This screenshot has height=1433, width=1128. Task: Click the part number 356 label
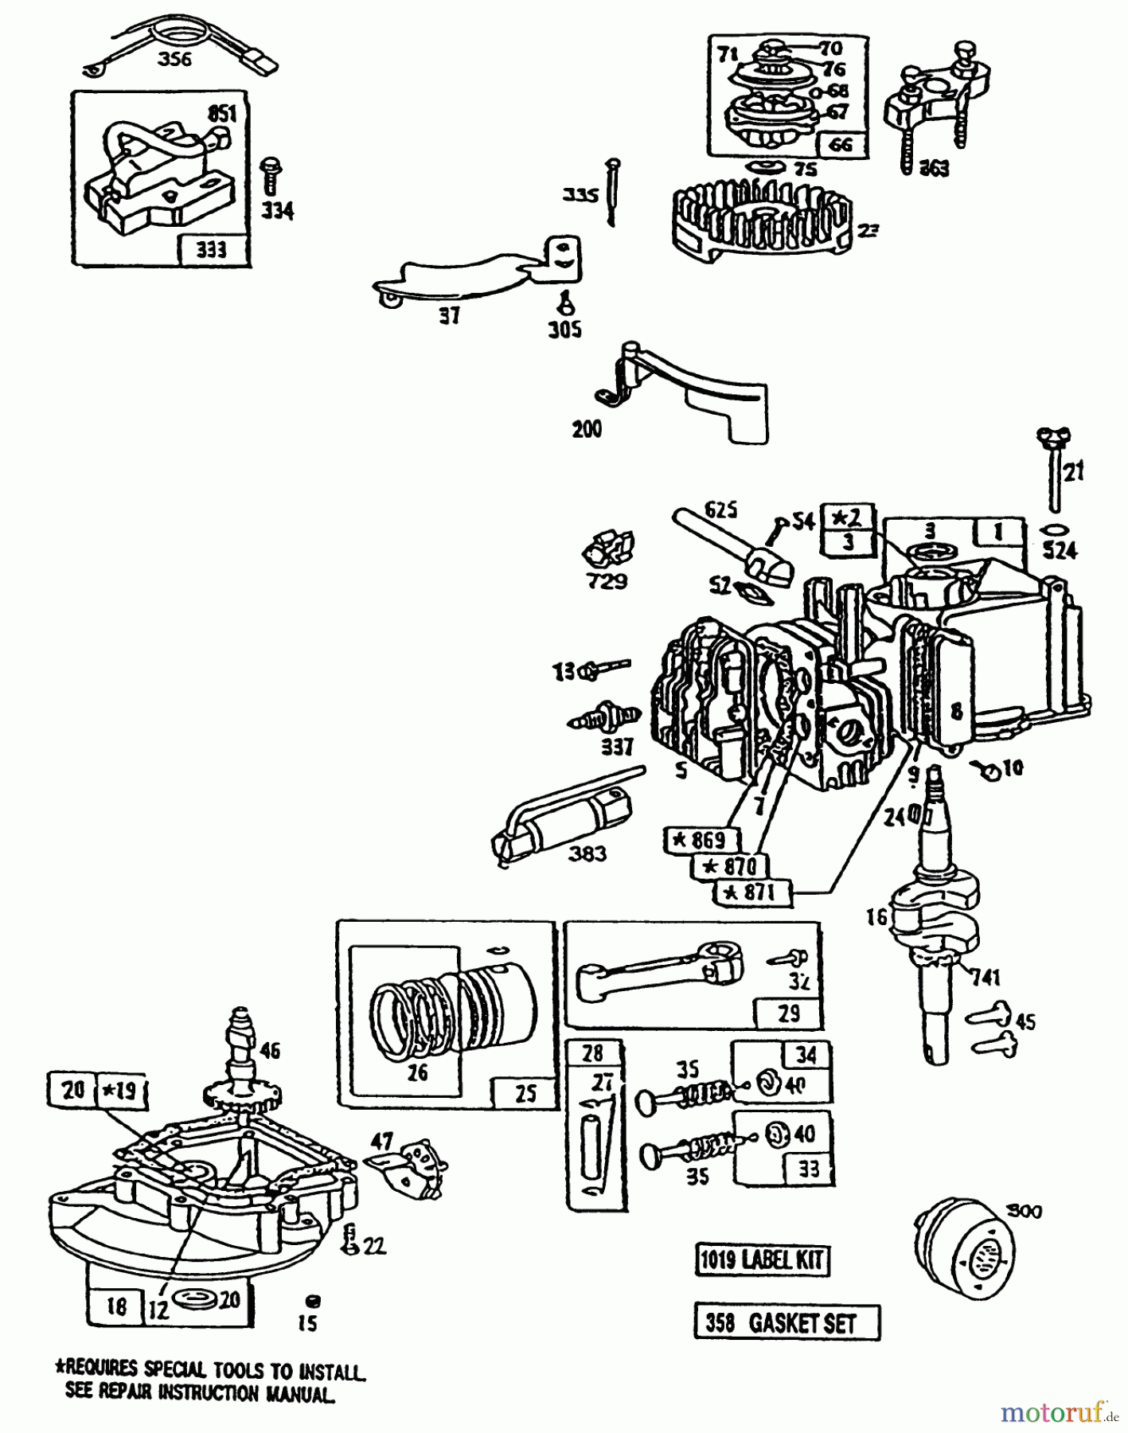click(174, 58)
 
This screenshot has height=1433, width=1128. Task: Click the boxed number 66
click(840, 144)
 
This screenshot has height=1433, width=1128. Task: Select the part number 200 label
click(587, 429)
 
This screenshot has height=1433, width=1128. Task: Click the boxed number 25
click(525, 1093)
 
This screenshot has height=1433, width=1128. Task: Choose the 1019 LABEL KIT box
click(762, 1260)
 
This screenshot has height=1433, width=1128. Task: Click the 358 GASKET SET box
click(786, 1323)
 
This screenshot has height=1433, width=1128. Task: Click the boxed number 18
click(116, 1308)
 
